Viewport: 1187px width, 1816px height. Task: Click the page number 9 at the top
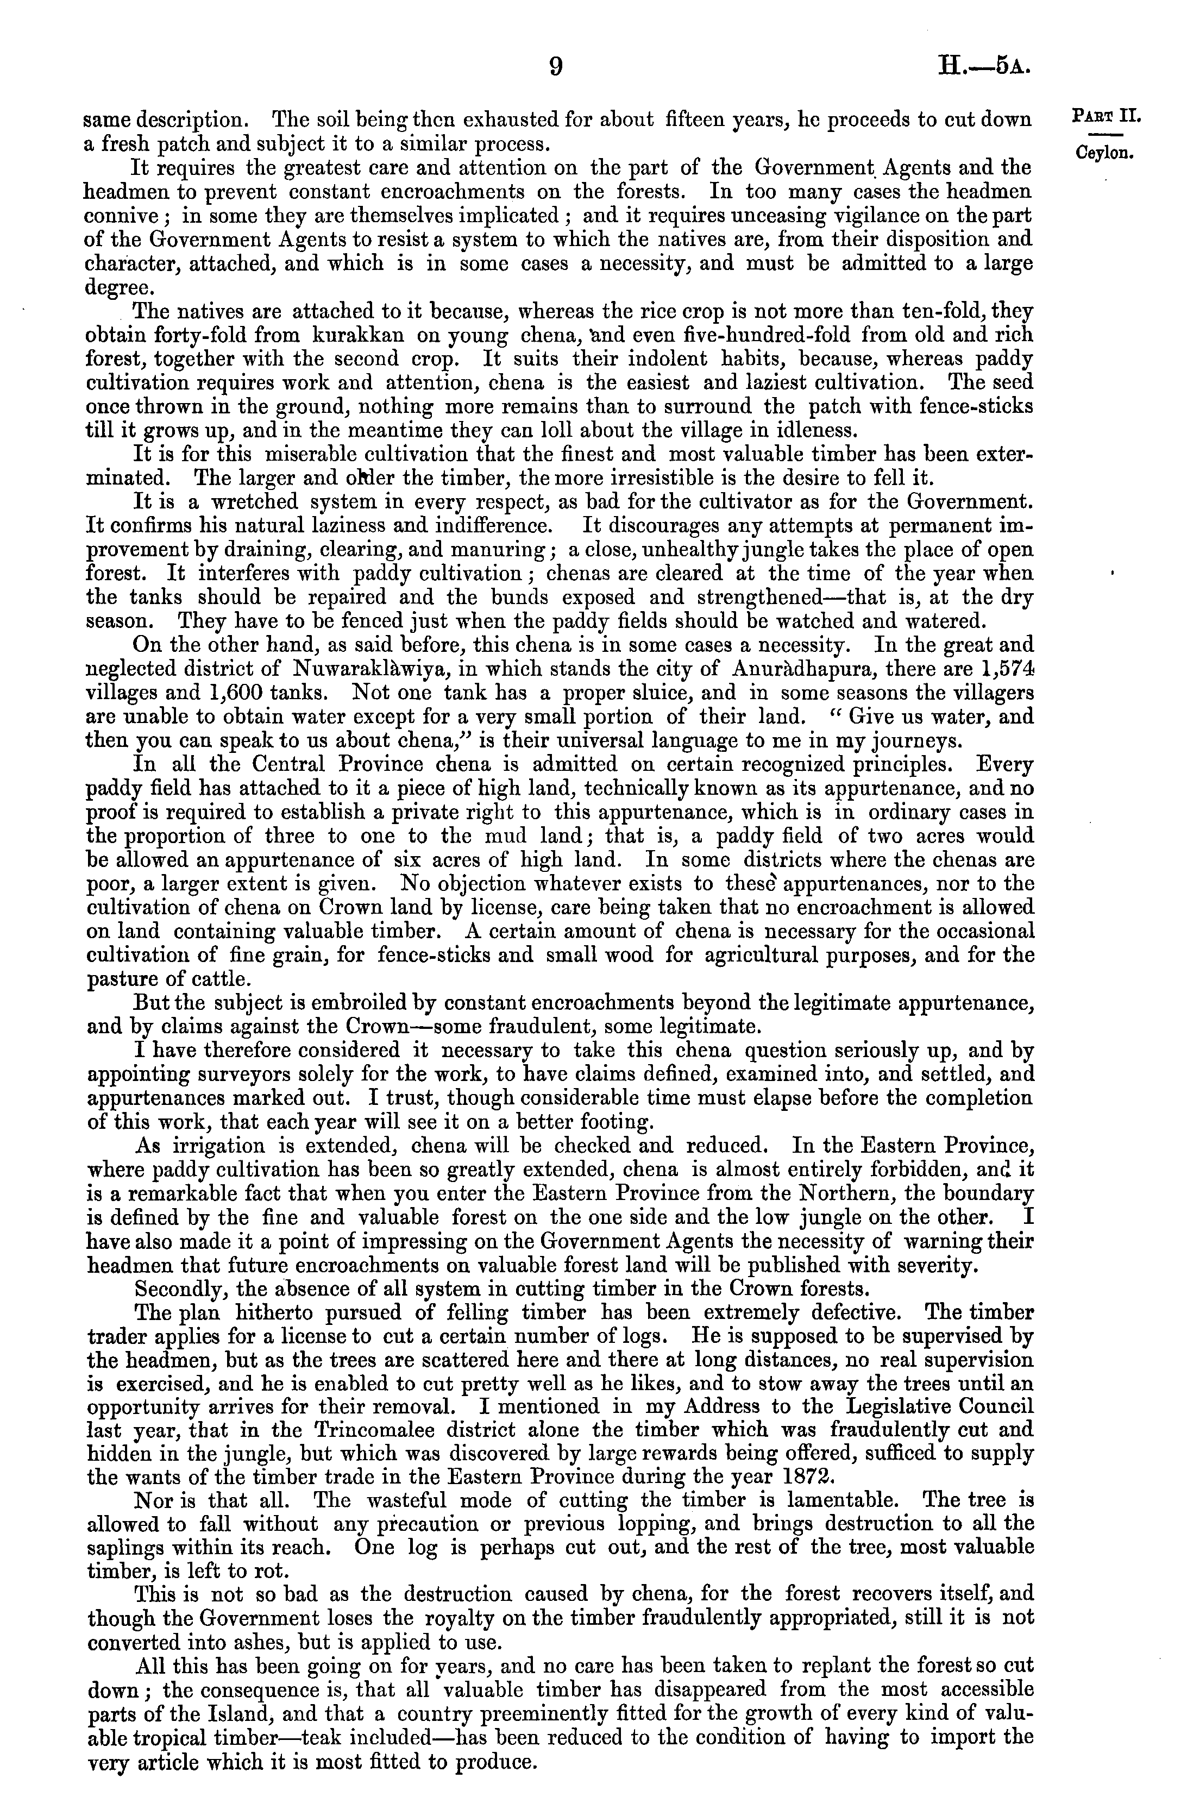556,67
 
